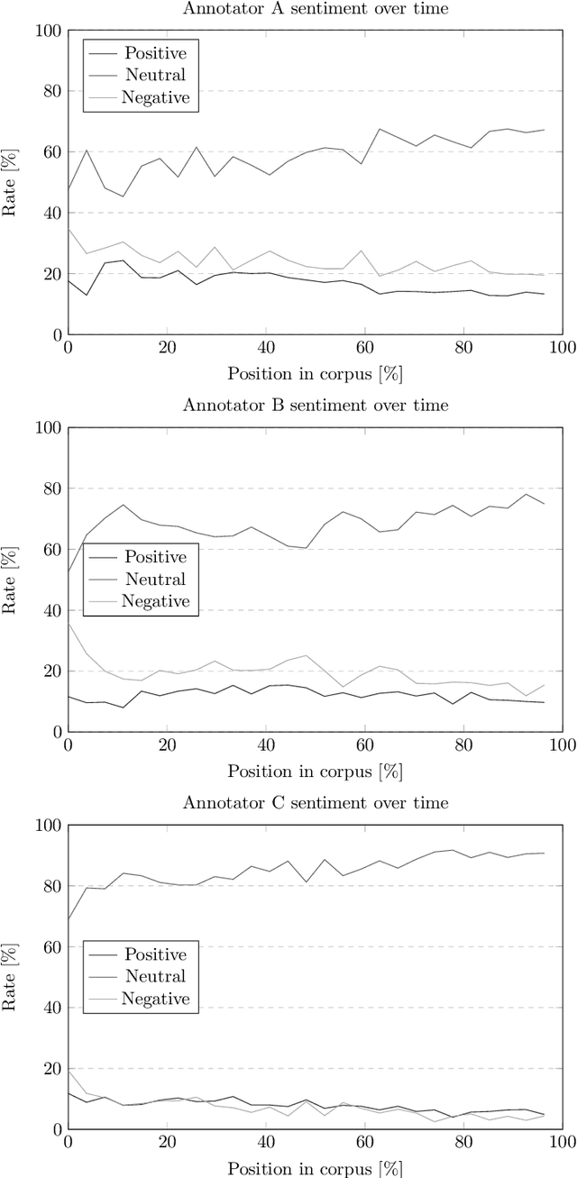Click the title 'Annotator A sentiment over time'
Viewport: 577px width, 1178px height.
(x=315, y=8)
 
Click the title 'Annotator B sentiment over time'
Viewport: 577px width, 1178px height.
(x=315, y=405)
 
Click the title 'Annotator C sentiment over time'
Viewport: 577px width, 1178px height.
(x=315, y=802)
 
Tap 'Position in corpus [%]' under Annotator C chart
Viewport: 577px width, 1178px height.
(x=315, y=1168)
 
